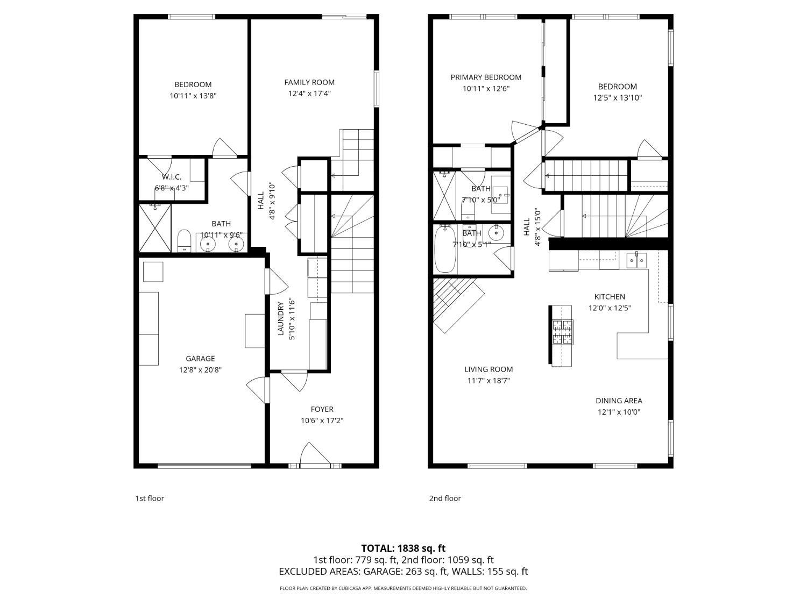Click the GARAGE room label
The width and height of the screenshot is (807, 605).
tap(200, 358)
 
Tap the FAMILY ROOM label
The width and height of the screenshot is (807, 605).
tap(309, 82)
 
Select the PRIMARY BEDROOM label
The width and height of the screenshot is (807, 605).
tap(486, 77)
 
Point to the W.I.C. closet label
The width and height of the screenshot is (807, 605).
tap(171, 177)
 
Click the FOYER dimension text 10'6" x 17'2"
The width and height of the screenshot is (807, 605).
tap(322, 420)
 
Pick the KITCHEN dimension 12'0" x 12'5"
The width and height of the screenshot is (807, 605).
tap(610, 308)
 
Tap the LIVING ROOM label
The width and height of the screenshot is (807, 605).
tap(489, 369)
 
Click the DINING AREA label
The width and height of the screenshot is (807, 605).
tap(619, 401)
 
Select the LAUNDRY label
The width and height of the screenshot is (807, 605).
tap(281, 318)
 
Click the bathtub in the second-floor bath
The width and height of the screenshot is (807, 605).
tap(445, 248)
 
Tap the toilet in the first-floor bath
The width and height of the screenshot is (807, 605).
tap(184, 240)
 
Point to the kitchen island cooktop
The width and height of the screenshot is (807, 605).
tap(563, 332)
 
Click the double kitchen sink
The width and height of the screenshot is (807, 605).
tap(636, 260)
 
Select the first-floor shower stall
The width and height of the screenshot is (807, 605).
tap(155, 227)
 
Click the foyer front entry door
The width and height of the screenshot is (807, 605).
tap(315, 455)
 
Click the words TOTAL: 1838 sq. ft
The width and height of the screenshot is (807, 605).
tap(403, 548)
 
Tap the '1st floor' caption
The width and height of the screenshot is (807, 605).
tap(150, 498)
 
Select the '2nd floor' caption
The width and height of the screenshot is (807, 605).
tap(445, 498)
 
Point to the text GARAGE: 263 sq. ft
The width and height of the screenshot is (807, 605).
tap(406, 571)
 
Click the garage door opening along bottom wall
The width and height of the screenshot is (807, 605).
tap(204, 466)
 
